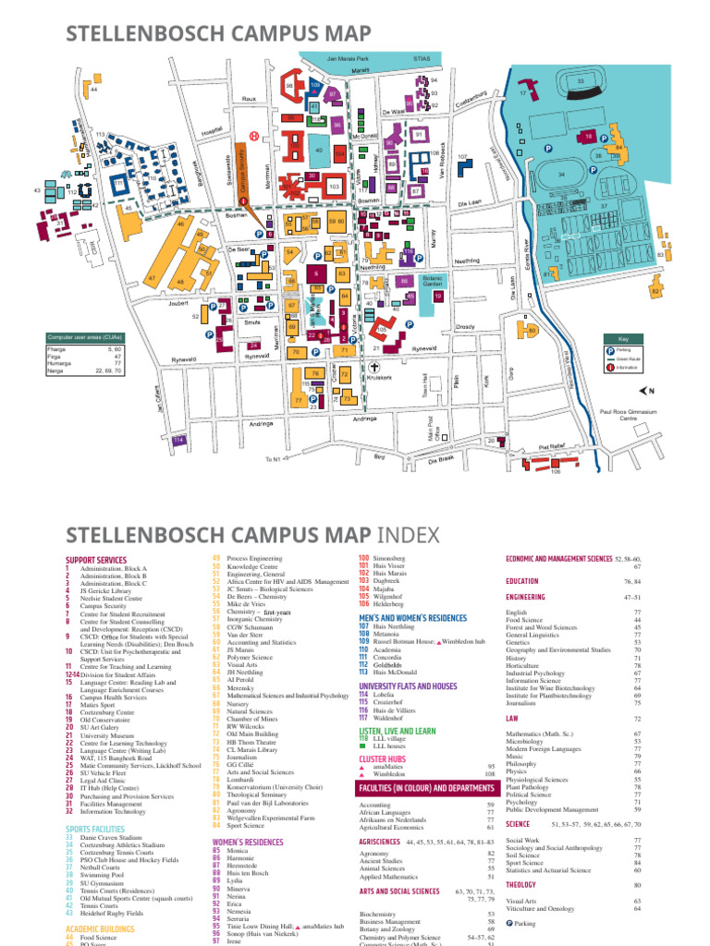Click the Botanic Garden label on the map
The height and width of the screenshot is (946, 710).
(x=433, y=281)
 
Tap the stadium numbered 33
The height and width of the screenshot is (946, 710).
(x=580, y=85)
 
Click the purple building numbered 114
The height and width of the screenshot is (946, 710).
(x=178, y=441)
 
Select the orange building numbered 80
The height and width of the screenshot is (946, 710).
(x=531, y=330)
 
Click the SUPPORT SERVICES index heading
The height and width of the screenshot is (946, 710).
(x=95, y=560)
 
